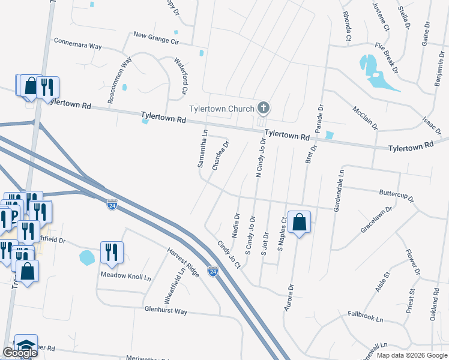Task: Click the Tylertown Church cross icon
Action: click(262, 109)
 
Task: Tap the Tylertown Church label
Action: click(221, 109)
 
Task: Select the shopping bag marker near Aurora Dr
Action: click(299, 223)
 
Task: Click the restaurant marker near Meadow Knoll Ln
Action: click(112, 253)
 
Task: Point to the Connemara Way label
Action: click(78, 44)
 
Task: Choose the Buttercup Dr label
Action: click(397, 196)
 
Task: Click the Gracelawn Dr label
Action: click(376, 221)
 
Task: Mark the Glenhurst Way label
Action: click(166, 311)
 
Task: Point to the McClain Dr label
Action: click(365, 118)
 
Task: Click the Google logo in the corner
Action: click(20, 353)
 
